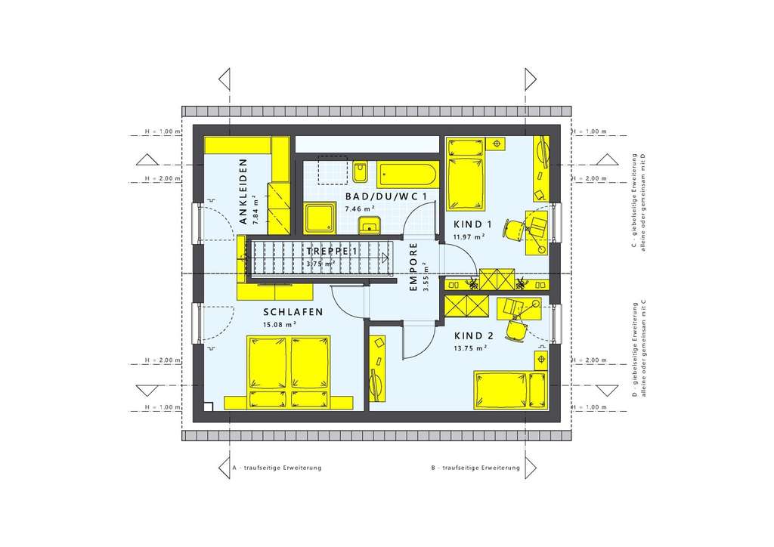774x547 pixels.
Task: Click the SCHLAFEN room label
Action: (x=293, y=312)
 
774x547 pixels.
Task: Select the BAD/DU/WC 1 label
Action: (x=386, y=196)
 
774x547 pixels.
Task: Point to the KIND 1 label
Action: (x=473, y=224)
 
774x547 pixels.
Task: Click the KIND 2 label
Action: (x=474, y=335)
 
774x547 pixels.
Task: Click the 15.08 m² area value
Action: (x=279, y=325)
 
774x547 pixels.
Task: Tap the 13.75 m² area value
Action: (x=469, y=348)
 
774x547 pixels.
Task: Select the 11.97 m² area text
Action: (x=469, y=236)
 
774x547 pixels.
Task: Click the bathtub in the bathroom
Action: (x=407, y=175)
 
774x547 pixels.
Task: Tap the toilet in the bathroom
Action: (x=360, y=172)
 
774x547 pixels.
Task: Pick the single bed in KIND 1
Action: (x=466, y=175)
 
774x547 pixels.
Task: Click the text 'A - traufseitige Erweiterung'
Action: (x=277, y=468)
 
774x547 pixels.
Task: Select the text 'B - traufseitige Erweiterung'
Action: (x=475, y=468)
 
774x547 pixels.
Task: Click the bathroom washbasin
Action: (x=368, y=224)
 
